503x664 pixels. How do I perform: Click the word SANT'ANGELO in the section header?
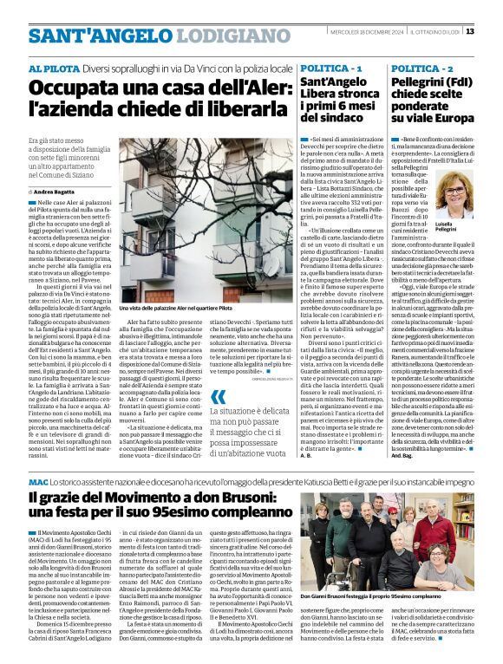[79, 36]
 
